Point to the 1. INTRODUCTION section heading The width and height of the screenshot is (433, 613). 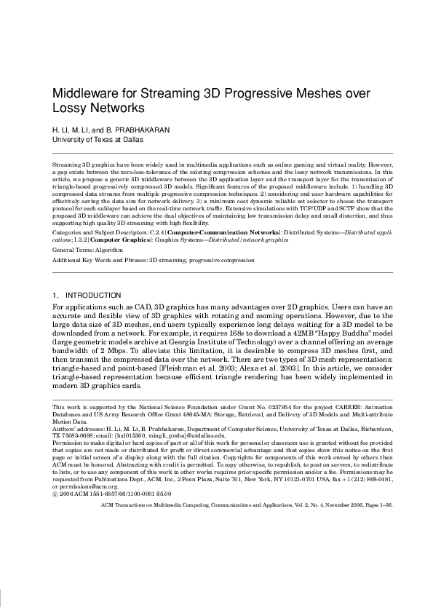tap(87, 295)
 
